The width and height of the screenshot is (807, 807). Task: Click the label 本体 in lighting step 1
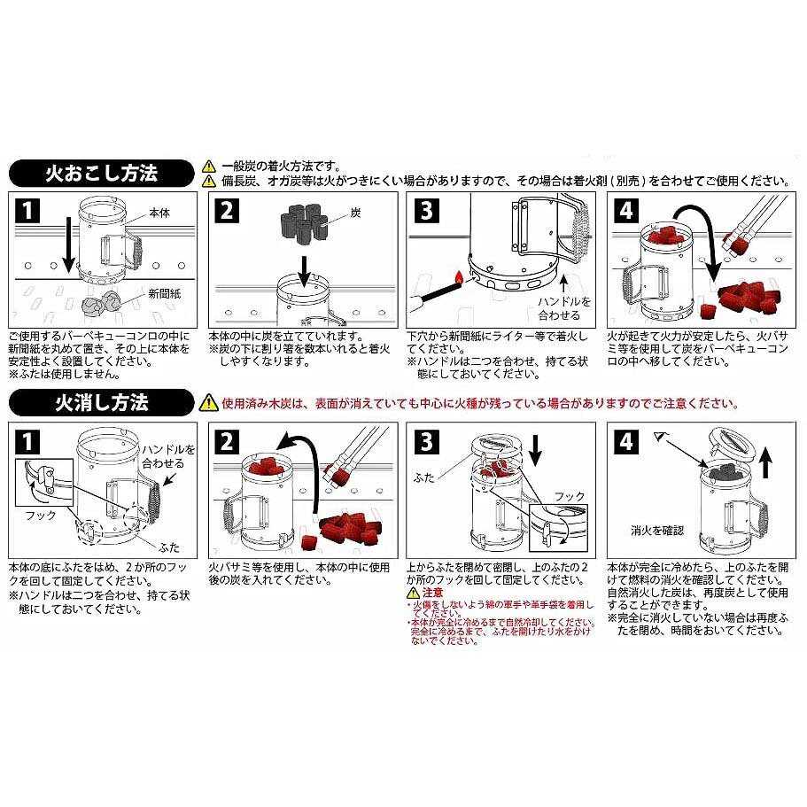[x=160, y=213]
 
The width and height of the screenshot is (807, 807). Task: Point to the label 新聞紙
[x=166, y=293]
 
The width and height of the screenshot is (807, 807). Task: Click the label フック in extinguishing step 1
[x=42, y=515]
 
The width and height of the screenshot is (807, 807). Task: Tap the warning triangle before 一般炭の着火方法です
[x=209, y=166]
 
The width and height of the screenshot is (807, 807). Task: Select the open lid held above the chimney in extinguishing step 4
[x=729, y=441]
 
